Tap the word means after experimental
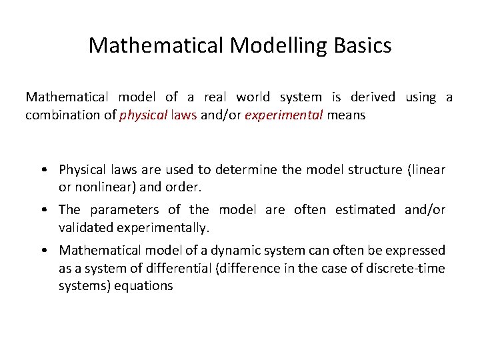tap(347, 115)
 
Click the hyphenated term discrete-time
tap(407, 268)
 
